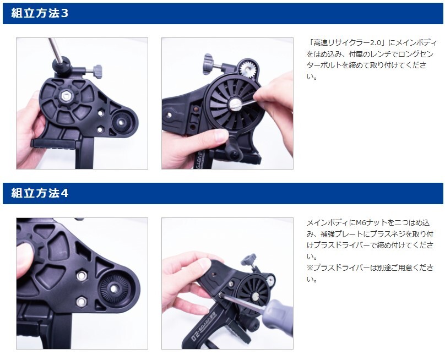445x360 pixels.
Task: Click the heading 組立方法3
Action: coord(40,13)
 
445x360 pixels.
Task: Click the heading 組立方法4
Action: coord(40,193)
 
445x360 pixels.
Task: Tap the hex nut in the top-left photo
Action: coord(67,96)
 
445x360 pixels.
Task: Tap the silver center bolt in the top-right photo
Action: coord(235,103)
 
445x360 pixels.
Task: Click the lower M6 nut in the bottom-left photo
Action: coord(82,301)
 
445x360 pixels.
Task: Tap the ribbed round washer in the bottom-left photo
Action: coord(115,289)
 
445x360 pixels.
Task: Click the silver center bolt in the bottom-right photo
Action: coord(255,297)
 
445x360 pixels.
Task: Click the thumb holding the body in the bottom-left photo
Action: coord(25,260)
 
